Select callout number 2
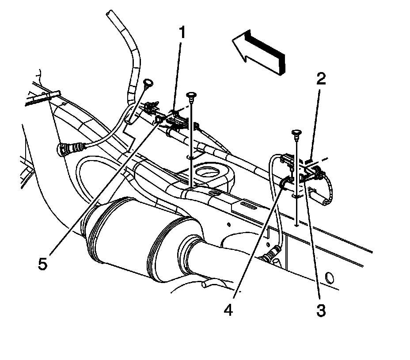coord(321,79)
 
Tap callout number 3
coord(320,310)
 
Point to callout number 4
coord(228,310)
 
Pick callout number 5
coord(42,264)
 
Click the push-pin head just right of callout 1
coord(191,95)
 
